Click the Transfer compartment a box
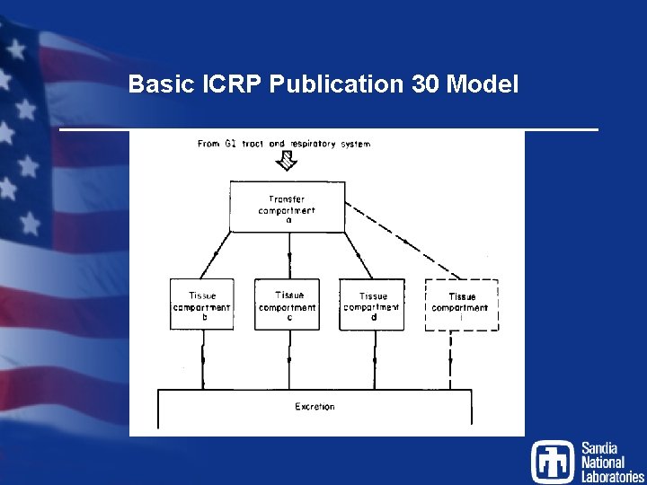click(x=288, y=207)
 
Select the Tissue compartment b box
click(x=202, y=305)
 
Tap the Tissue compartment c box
click(x=288, y=305)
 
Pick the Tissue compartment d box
click(x=372, y=305)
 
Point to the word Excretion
click(x=315, y=407)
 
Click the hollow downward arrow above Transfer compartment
click(x=288, y=161)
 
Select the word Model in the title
click(x=483, y=85)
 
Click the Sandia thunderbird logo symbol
click(x=552, y=461)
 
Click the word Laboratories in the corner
click(x=612, y=477)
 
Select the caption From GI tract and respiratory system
click(x=284, y=144)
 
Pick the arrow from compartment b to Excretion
click(x=203, y=359)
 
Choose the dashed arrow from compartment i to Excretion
click(x=450, y=359)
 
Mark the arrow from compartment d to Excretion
click(x=373, y=359)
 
